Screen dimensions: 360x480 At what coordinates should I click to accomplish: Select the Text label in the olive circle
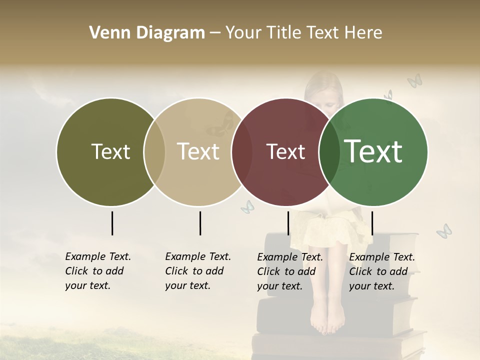[x=110, y=152]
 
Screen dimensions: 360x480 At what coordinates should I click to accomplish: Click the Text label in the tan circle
[x=198, y=152]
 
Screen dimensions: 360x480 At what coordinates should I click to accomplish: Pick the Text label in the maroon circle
[x=285, y=152]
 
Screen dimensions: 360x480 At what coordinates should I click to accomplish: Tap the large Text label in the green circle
[x=373, y=151]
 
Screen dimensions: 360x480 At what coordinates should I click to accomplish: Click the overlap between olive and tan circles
[x=154, y=152]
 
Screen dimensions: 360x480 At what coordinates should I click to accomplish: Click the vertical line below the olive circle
[x=112, y=223]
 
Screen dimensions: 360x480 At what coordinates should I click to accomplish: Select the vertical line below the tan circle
[x=200, y=223]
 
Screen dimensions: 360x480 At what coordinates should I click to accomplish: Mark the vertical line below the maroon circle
[x=288, y=223]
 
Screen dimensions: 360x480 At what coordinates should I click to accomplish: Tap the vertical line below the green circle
[x=372, y=223]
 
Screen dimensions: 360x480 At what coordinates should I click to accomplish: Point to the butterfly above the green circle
[x=414, y=80]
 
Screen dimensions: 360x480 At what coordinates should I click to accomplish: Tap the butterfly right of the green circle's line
[x=443, y=230]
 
